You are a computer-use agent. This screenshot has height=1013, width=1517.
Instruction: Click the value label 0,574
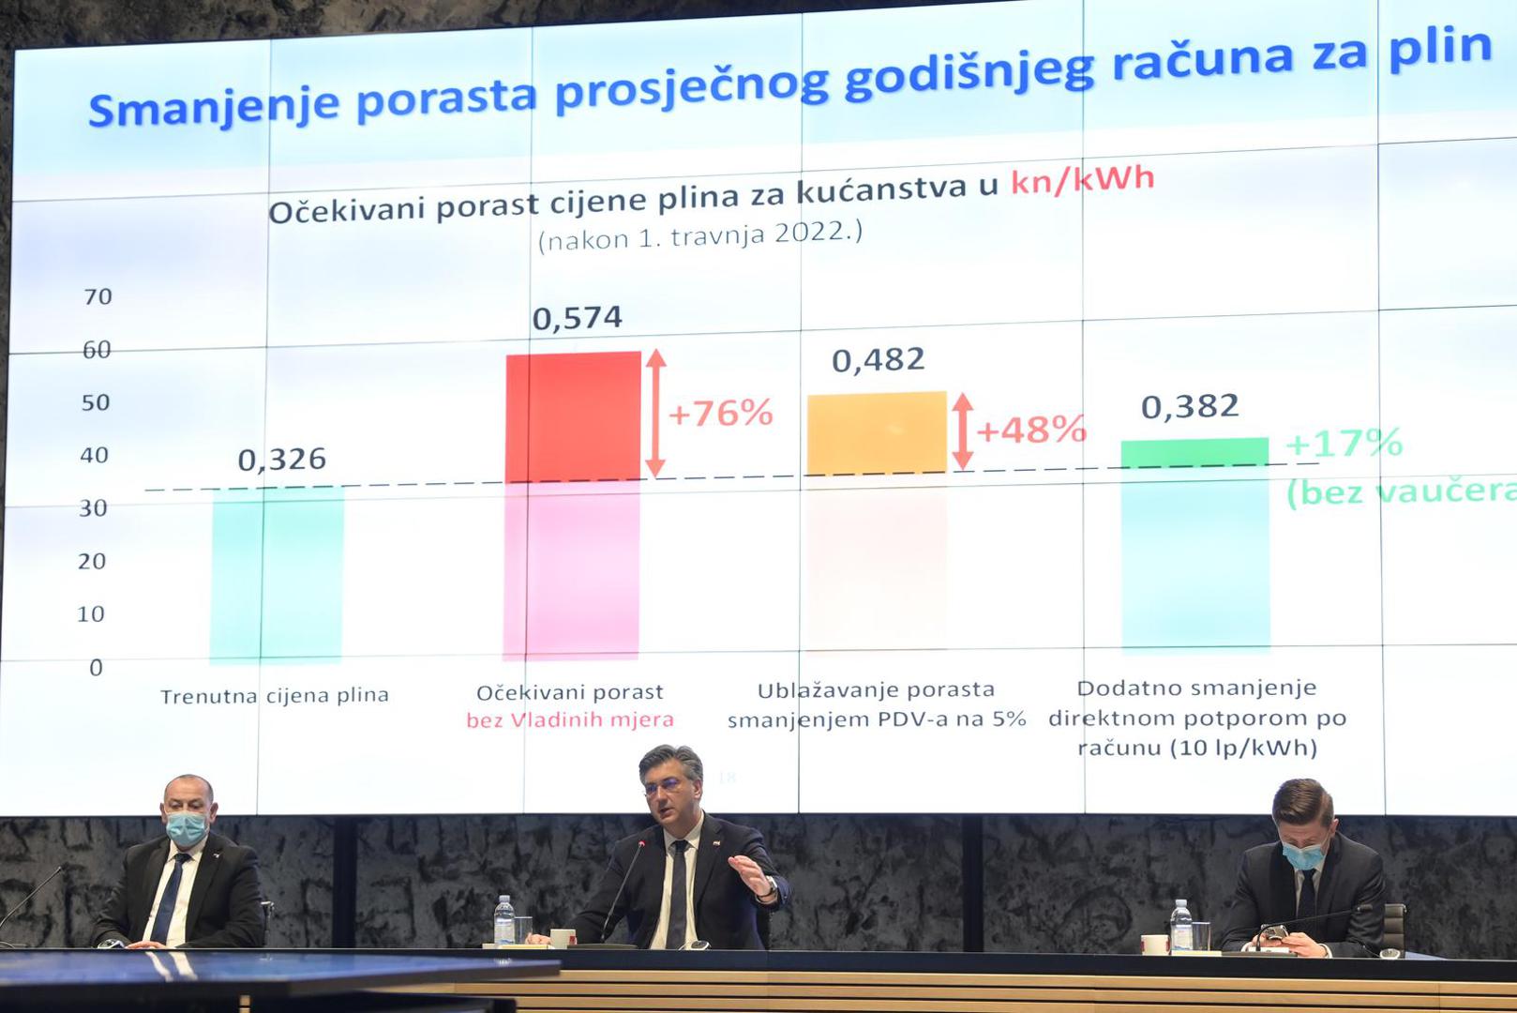pyautogui.click(x=577, y=318)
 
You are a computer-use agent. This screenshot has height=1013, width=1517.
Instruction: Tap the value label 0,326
pyautogui.click(x=281, y=460)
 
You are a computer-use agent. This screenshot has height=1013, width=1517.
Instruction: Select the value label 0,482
pyautogui.click(x=879, y=360)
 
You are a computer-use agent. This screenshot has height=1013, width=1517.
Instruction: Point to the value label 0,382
pyautogui.click(x=1190, y=406)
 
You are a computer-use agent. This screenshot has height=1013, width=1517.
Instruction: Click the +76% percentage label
pyautogui.click(x=721, y=413)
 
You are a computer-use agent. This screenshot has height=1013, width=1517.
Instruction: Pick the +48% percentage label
pyautogui.click(x=1031, y=430)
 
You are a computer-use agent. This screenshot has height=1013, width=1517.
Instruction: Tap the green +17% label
pyautogui.click(x=1344, y=443)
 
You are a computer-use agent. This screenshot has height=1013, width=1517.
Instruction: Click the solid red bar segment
pyautogui.click(x=574, y=416)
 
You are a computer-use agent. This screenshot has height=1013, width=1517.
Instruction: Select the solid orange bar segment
pyautogui.click(x=877, y=433)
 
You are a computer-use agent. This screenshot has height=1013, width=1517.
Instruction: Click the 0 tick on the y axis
pyautogui.click(x=97, y=668)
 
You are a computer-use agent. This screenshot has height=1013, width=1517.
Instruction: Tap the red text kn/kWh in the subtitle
pyautogui.click(x=1082, y=179)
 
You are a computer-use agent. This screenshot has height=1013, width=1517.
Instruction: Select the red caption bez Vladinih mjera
pyautogui.click(x=570, y=719)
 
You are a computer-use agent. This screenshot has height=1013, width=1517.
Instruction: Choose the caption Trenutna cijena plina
pyautogui.click(x=275, y=696)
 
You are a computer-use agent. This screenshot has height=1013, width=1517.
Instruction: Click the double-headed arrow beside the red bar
pyautogui.click(x=655, y=414)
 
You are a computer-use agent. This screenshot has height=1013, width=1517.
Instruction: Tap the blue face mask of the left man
pyautogui.click(x=187, y=829)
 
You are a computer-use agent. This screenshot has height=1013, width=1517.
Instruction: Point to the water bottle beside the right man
pyautogui.click(x=1180, y=927)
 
